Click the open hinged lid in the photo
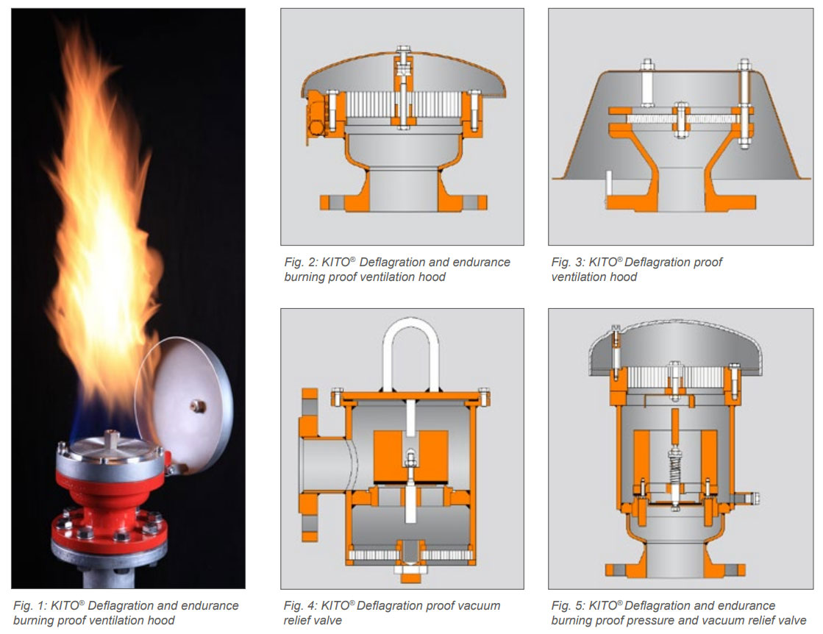tap(184, 397)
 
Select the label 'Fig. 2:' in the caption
tap(300, 263)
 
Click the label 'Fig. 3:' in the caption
tap(567, 263)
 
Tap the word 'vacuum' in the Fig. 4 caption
tap(480, 605)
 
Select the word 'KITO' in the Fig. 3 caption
tap(603, 263)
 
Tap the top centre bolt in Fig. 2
tap(404, 54)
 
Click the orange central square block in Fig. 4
tap(411, 456)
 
